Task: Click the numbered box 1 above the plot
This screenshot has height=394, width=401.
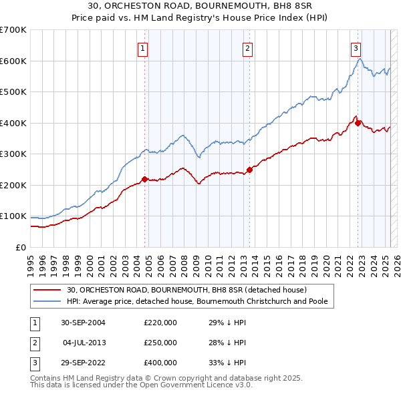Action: point(144,48)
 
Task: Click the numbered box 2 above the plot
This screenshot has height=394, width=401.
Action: point(247,48)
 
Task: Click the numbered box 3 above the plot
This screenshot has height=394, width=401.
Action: point(356,48)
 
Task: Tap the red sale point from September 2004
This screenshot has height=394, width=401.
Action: point(144,179)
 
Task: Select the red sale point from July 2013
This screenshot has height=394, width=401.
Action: point(249,170)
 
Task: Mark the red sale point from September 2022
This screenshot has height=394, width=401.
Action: point(358,123)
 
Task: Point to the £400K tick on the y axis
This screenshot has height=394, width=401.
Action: point(13,123)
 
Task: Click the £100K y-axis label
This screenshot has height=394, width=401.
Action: point(13,216)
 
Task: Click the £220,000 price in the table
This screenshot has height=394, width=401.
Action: point(160,322)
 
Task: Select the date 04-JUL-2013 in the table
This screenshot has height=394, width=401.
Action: point(85,343)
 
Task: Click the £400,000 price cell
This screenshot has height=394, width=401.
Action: point(160,363)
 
